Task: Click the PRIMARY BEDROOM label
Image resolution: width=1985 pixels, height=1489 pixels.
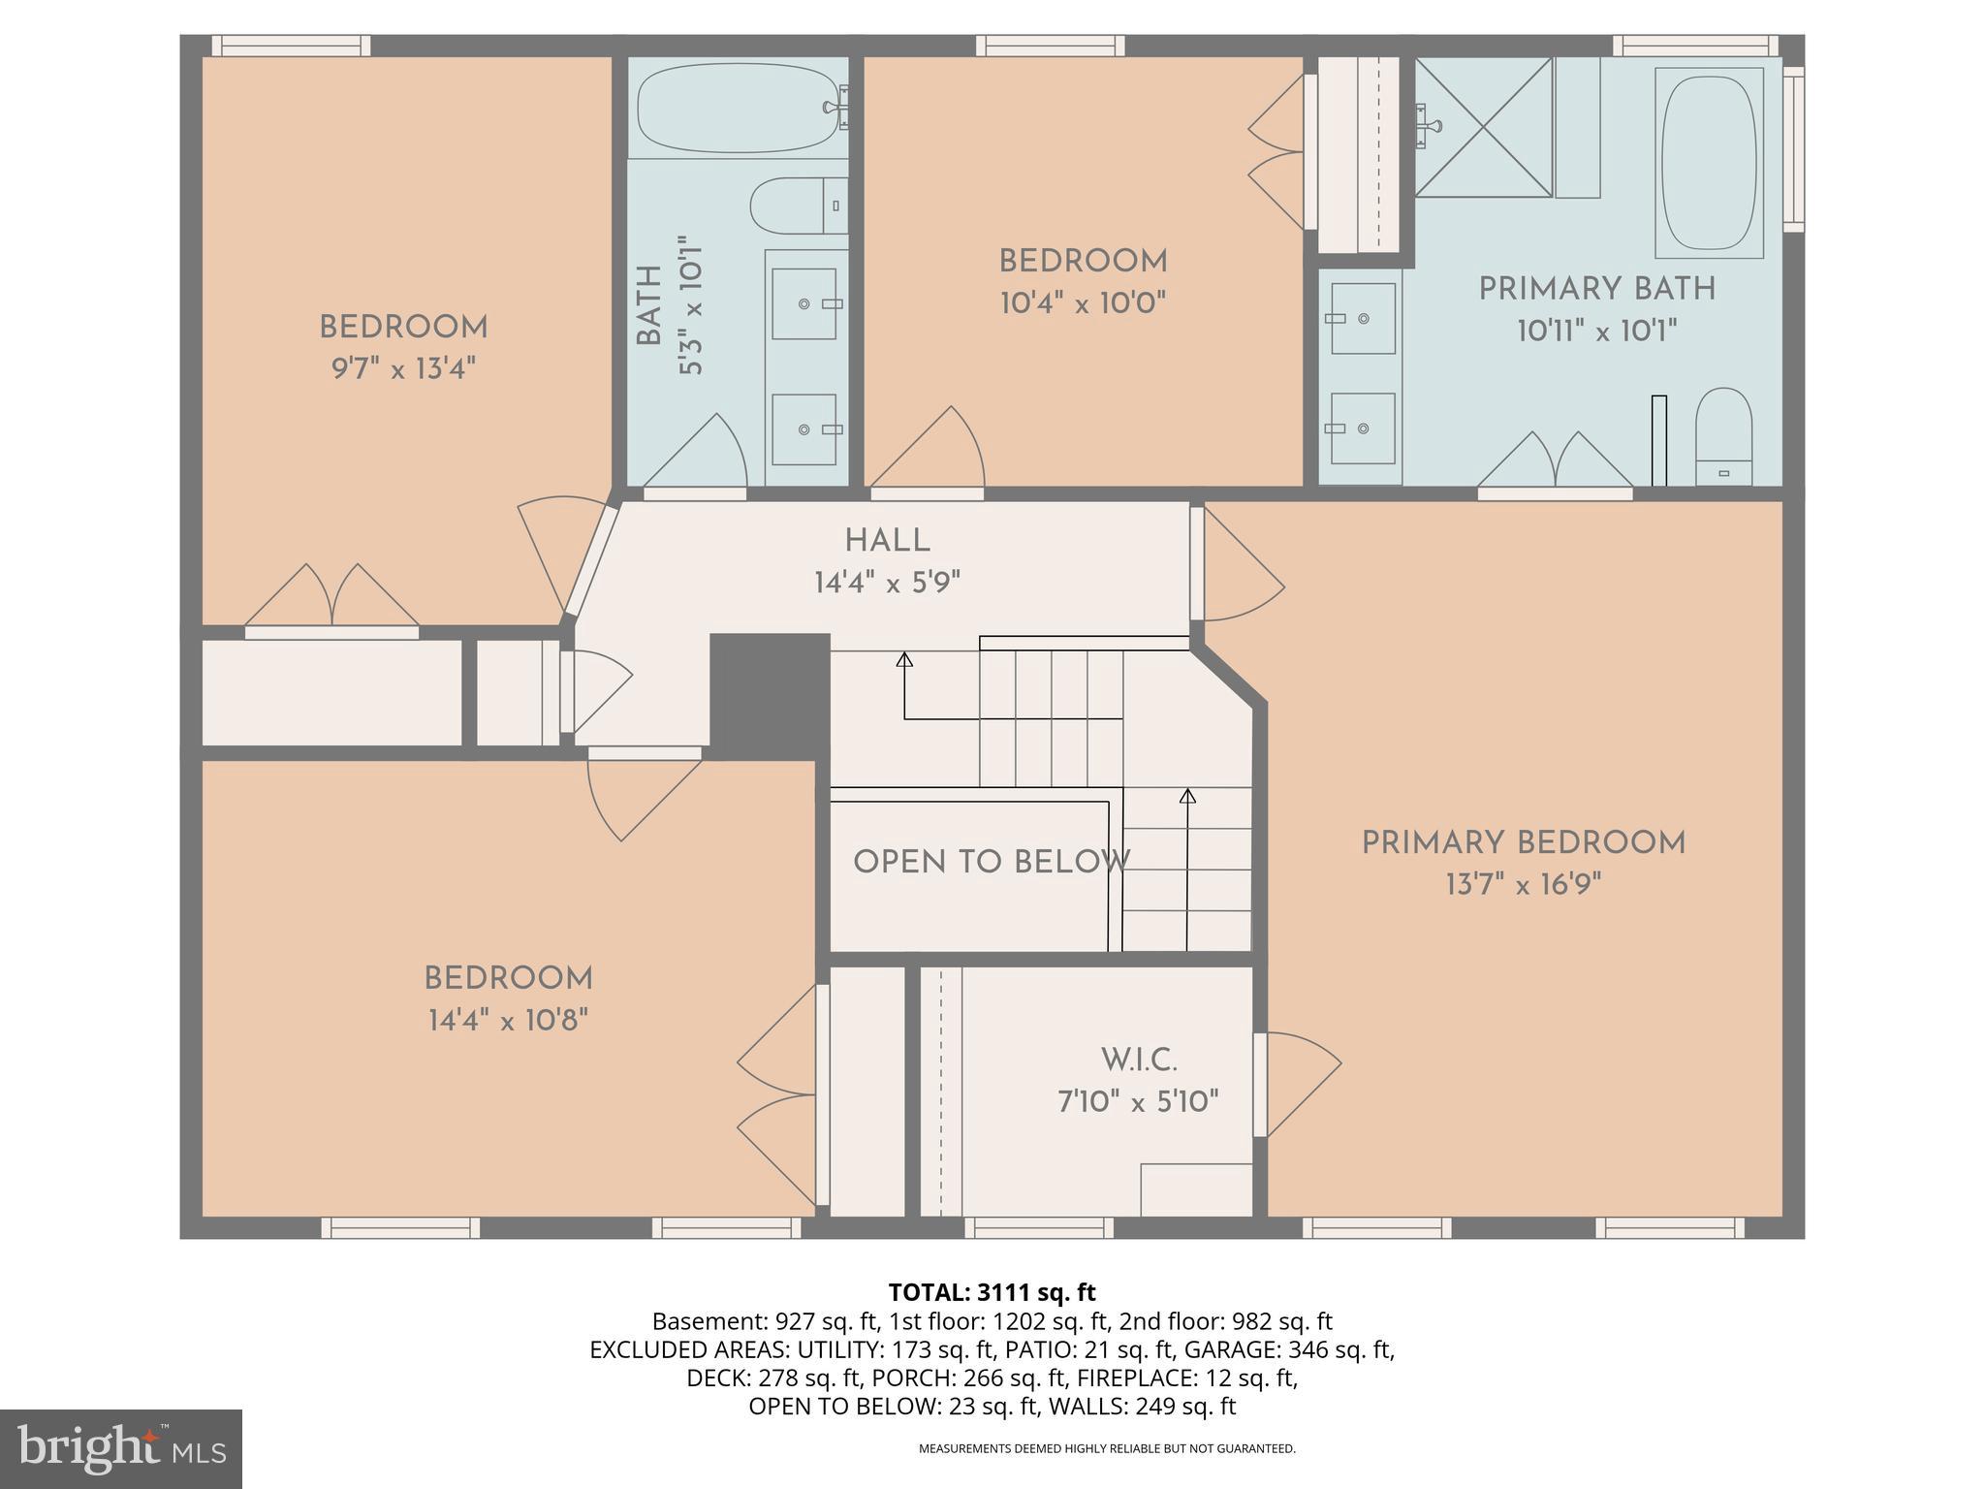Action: (x=1523, y=843)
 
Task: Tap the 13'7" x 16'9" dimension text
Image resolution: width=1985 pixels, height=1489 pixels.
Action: (x=1523, y=885)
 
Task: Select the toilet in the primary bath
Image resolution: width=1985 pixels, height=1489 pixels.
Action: (x=1723, y=438)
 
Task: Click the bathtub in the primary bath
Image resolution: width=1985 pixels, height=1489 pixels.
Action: (x=1709, y=162)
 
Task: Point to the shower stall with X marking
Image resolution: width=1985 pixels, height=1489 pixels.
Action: (x=1483, y=127)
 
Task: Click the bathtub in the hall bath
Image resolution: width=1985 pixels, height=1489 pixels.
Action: (x=737, y=109)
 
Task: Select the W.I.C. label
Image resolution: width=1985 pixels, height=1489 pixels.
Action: (x=1139, y=1061)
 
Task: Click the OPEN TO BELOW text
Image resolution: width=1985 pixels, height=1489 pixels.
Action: (x=991, y=862)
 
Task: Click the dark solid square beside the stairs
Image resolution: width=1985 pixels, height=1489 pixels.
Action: (x=770, y=689)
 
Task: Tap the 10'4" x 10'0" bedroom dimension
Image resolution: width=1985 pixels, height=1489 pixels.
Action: (x=1083, y=303)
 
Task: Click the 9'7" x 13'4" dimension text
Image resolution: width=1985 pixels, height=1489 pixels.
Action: (x=404, y=369)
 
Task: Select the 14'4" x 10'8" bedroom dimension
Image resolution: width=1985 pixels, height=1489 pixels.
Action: (x=508, y=1021)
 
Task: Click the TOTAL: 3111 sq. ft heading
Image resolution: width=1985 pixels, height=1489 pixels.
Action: (x=992, y=1292)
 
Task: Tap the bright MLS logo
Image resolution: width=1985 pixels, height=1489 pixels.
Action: (x=120, y=1448)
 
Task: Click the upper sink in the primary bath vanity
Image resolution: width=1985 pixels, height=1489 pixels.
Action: (x=1362, y=318)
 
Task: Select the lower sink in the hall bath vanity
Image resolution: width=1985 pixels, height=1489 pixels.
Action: (x=804, y=428)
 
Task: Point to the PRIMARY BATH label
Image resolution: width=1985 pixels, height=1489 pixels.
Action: (x=1596, y=290)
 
